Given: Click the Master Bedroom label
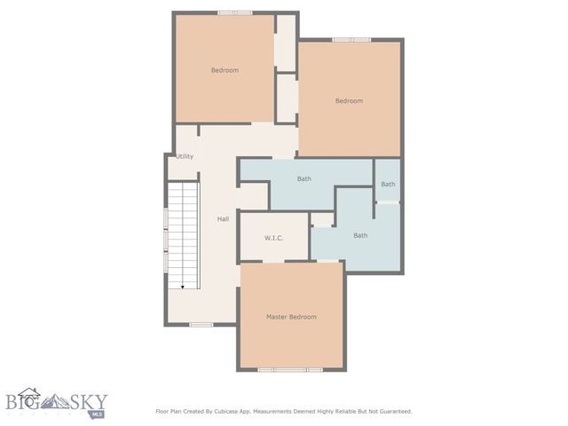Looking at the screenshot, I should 291,317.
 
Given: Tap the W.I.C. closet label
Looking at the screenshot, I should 273,238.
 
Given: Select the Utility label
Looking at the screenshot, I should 185,157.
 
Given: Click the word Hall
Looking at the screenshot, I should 224,218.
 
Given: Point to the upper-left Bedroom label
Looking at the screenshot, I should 224,70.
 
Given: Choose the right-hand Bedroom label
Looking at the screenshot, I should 348,101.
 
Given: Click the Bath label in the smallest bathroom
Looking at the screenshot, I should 388,185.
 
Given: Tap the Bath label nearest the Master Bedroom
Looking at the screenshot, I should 360,235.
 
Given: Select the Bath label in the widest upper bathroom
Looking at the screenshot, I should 304,179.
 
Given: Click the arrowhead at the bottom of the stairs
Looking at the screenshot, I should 183,287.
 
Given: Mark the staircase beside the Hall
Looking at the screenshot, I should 184,235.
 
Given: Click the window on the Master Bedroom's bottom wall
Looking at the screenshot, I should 290,368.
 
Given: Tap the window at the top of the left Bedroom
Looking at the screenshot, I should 235,12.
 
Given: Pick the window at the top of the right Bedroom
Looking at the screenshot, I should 351,40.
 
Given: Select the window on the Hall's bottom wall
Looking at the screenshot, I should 201,325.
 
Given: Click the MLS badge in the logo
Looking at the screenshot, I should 94,413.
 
